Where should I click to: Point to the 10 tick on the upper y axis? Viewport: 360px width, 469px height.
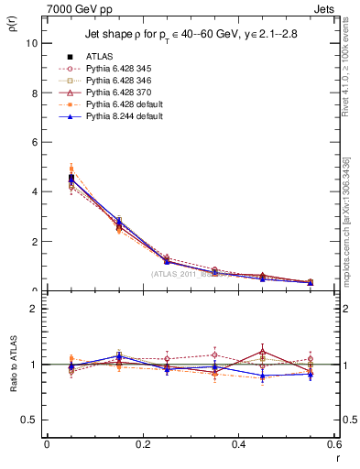click(x=31, y=43)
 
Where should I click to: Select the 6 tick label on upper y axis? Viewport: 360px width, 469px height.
click(x=34, y=142)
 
